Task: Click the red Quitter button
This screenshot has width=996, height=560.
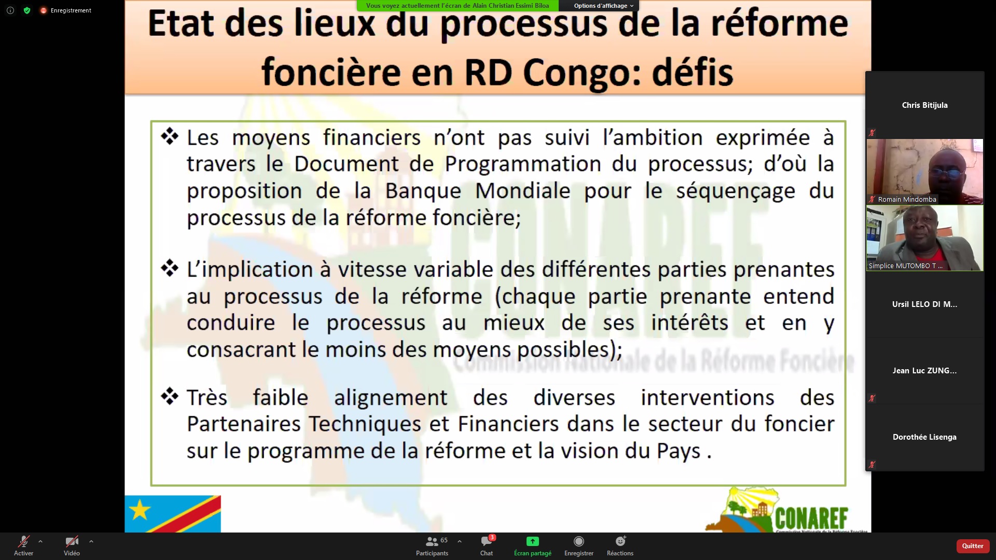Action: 973,545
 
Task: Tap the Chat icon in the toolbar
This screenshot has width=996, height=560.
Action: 487,542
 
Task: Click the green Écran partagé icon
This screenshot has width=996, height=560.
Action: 532,541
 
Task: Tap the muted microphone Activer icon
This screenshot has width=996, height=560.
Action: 23,542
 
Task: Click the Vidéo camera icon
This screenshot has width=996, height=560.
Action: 72,542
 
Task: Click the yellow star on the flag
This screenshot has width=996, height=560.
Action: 140,510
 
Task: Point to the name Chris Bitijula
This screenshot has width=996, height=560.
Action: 924,105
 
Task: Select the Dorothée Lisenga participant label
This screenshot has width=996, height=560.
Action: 924,437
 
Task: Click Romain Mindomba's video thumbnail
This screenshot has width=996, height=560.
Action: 924,172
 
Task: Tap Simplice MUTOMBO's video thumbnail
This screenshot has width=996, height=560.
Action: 924,238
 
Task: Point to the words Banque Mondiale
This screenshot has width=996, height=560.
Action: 477,191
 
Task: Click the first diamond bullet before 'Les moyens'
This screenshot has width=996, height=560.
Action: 170,136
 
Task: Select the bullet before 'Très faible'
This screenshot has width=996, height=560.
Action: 170,397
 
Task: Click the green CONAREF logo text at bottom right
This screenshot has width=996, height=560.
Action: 812,518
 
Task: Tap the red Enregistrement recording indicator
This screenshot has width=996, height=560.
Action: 66,10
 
